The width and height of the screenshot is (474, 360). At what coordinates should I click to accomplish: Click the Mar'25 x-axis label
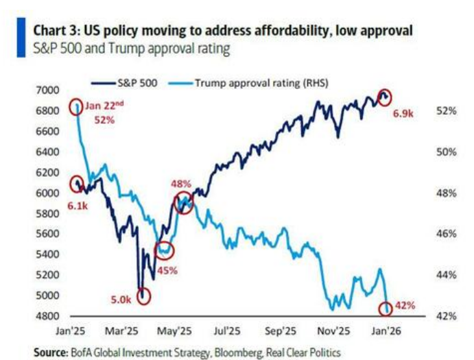click(x=132, y=330)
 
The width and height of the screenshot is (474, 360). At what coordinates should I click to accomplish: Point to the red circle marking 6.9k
click(x=385, y=97)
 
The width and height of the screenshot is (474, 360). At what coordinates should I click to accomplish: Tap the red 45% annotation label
click(x=167, y=270)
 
